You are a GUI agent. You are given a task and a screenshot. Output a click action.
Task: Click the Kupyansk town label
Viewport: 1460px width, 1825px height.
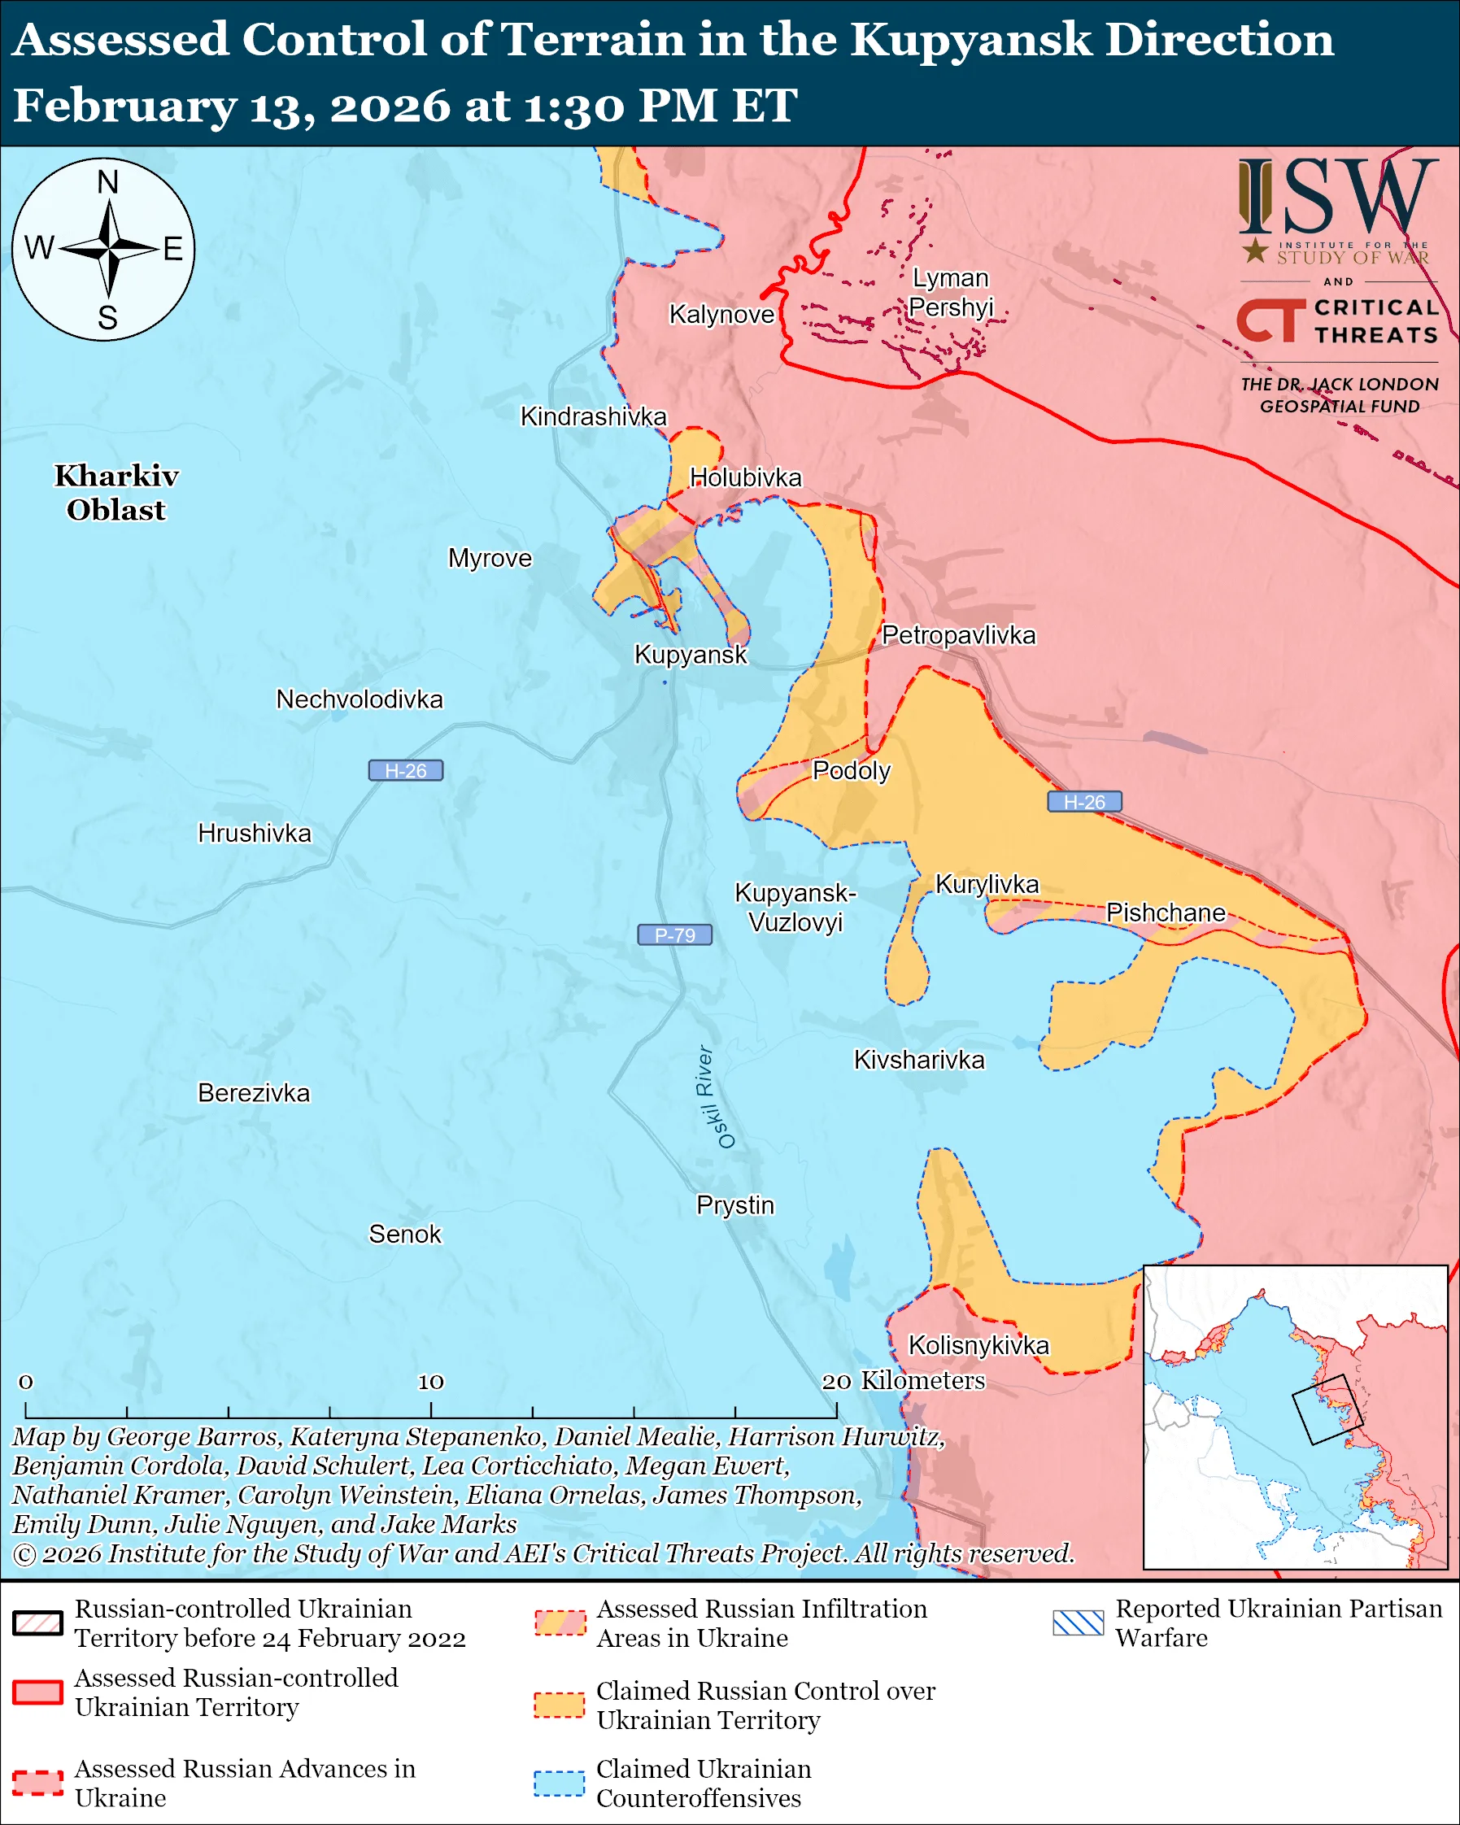691,655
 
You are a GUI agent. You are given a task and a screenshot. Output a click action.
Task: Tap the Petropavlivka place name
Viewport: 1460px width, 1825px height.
958,635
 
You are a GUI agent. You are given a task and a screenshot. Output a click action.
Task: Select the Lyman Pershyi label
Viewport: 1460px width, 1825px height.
951,292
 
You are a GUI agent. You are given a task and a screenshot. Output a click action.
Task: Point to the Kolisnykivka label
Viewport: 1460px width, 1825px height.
978,1345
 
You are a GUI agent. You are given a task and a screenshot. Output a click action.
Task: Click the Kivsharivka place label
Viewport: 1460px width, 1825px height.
919,1060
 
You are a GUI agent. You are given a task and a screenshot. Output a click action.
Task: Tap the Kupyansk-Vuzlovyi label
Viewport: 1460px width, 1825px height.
795,907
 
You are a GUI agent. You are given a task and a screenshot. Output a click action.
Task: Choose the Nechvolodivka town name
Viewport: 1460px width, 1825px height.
359,699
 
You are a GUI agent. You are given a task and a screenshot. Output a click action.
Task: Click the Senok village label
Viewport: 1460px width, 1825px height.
404,1235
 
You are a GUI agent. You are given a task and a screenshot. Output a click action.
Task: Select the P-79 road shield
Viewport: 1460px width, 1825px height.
674,934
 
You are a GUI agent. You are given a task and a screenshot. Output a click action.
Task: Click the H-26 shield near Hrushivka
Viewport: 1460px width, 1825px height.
405,770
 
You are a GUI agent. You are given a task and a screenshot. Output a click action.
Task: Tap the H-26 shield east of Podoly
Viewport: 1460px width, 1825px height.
1084,802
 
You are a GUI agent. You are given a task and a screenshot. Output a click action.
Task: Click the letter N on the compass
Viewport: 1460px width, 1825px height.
107,182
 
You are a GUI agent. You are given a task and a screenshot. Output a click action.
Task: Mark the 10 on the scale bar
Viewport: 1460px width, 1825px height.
431,1382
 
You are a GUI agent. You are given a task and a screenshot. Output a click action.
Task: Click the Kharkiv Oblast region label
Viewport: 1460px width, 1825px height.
117,493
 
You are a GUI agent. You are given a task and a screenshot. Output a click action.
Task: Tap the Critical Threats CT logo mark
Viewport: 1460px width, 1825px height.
1270,320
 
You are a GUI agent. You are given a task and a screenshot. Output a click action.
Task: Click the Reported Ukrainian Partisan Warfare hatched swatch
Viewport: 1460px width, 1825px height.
1079,1622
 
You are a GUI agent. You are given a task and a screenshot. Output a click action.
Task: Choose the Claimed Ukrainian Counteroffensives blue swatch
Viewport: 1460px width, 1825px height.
559,1783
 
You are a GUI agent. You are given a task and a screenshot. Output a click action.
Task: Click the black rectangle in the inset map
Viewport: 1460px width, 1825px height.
1327,1409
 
